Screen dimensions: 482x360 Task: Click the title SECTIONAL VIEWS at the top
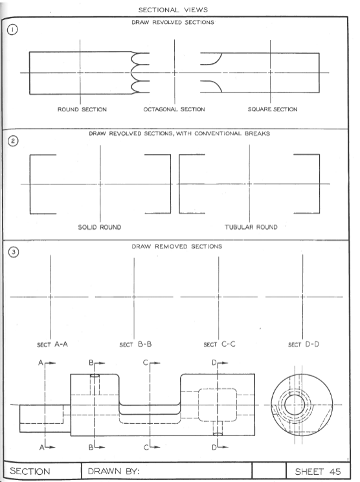click(175, 10)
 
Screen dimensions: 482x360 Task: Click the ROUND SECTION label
click(82, 109)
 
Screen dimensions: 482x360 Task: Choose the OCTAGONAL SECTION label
click(174, 109)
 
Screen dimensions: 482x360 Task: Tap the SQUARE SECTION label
click(273, 109)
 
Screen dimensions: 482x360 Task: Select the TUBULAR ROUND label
click(251, 227)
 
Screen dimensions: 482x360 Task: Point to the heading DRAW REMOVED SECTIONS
click(177, 246)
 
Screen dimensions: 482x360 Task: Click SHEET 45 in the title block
click(317, 472)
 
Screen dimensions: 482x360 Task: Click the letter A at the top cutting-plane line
click(40, 364)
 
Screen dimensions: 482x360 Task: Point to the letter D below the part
click(213, 447)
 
